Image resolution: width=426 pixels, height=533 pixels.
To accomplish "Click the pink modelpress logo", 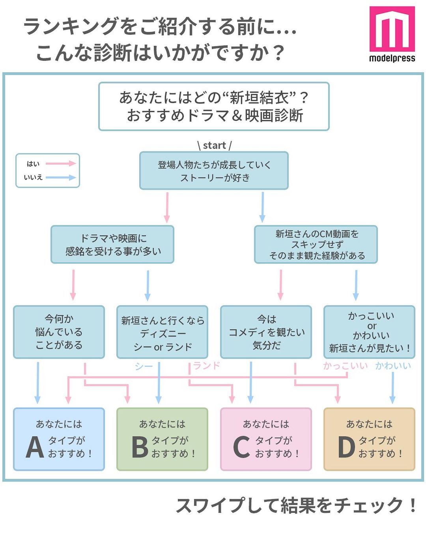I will (392, 29).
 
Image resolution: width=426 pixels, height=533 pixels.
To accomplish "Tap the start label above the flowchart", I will (215, 145).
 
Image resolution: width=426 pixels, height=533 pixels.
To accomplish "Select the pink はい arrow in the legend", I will (60, 163).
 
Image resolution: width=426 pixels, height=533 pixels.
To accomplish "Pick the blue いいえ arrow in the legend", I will (60, 177).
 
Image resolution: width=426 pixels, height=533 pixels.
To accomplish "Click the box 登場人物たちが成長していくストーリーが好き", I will (214, 171).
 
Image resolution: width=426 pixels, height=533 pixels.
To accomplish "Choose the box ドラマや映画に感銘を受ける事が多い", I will (112, 244).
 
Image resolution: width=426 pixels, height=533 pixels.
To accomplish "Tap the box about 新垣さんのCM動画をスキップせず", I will (316, 244).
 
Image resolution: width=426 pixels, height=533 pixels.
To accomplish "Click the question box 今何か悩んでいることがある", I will (59, 332).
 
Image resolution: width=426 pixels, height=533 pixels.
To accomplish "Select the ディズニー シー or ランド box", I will (163, 332).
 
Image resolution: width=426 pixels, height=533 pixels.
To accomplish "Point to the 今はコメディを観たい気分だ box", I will (266, 332).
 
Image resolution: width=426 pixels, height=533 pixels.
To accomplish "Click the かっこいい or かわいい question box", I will (370, 332).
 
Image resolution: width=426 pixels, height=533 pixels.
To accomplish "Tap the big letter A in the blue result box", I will (35, 447).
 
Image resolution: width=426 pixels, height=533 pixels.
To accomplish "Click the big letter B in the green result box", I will (139, 447).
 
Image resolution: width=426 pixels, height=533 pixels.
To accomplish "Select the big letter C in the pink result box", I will (241, 447).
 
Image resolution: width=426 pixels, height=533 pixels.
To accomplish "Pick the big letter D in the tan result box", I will (346, 447).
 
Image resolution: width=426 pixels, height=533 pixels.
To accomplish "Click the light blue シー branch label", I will (144, 367).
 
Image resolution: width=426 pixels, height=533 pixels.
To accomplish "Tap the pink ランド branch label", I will (206, 366).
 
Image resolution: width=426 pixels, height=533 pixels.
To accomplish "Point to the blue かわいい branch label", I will (393, 366).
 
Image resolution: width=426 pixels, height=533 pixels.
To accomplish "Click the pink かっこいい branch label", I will (345, 366).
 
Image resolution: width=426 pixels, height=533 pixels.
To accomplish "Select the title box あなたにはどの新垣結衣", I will (214, 107).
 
